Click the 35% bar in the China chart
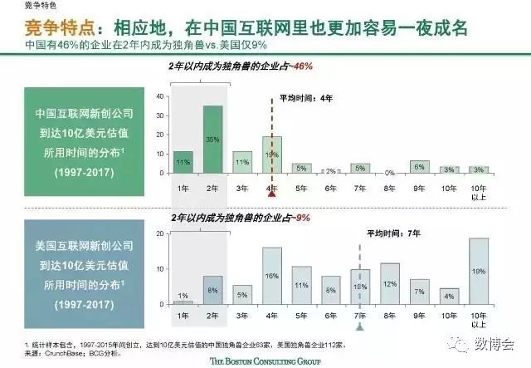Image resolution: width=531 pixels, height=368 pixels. [212, 140]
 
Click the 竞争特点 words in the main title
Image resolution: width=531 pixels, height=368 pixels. [37, 28]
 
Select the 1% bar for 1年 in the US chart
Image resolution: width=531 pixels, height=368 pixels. [184, 302]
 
